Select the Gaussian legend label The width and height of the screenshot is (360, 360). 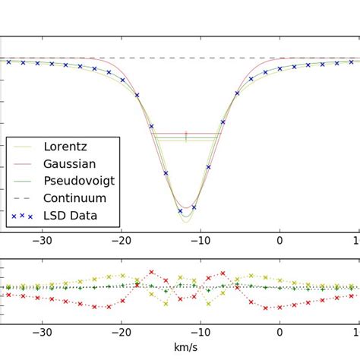[x=69, y=164]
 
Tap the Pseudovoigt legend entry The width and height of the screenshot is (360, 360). [x=79, y=182]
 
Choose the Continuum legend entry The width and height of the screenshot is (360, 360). [x=74, y=198]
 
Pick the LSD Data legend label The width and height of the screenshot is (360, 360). [x=70, y=216]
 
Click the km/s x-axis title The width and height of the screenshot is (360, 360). [x=185, y=348]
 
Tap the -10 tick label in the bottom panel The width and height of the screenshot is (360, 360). [x=201, y=331]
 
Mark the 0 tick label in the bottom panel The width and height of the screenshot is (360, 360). [x=280, y=331]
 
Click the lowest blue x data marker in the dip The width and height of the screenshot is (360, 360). [x=180, y=210]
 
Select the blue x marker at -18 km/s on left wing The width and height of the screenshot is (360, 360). [x=137, y=95]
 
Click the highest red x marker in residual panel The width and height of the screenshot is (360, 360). [x=151, y=271]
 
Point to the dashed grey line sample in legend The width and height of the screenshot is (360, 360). [x=22, y=198]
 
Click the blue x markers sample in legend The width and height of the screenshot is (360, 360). [x=22, y=216]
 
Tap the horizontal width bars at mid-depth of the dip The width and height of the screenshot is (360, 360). [x=186, y=137]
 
